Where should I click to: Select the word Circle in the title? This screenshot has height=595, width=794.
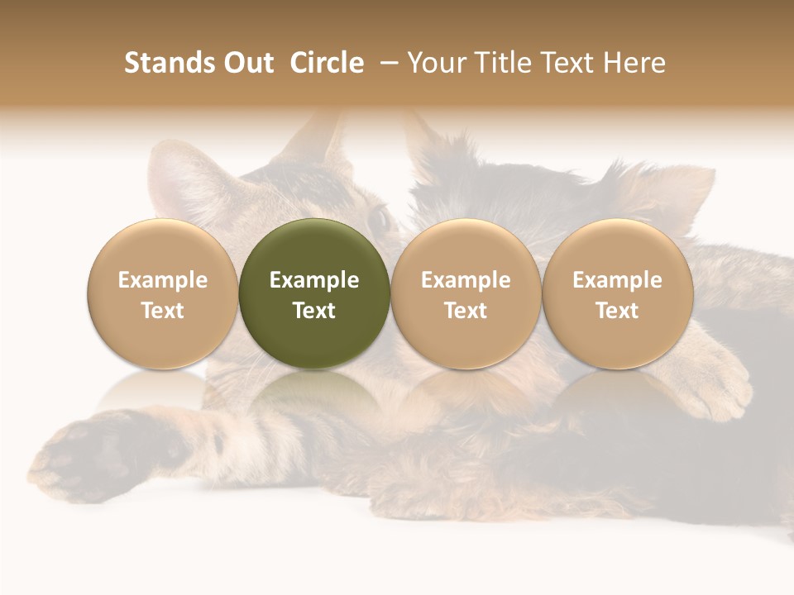(x=327, y=63)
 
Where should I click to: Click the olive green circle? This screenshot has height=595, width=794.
(x=314, y=293)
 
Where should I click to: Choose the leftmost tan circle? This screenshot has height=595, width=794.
(x=163, y=293)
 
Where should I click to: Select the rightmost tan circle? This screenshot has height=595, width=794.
(x=618, y=293)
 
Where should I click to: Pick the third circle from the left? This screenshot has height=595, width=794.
(x=466, y=293)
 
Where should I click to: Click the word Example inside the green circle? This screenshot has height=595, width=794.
(x=314, y=280)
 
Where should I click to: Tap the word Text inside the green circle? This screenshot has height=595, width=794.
(x=314, y=311)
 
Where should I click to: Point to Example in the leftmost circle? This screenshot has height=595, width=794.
(x=163, y=280)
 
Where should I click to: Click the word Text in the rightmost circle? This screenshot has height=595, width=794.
(x=618, y=311)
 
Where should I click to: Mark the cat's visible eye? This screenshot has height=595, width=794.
(x=381, y=219)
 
